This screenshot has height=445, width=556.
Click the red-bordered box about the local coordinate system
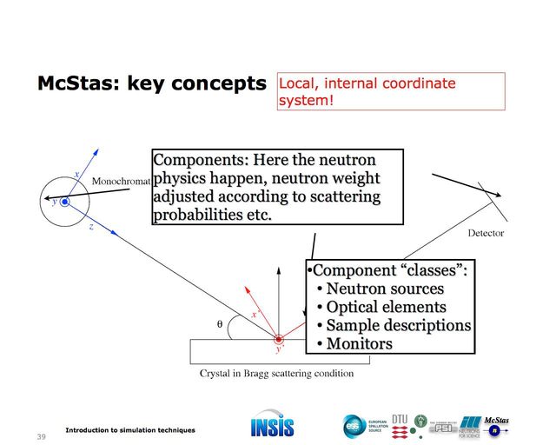click(x=391, y=91)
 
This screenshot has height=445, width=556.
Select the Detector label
click(x=486, y=233)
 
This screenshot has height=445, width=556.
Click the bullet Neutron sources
click(x=385, y=289)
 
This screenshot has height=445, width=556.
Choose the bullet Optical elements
click(x=386, y=307)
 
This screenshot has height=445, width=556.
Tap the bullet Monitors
click(x=359, y=343)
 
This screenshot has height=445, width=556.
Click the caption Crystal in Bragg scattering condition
click(x=276, y=374)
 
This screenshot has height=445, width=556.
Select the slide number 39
click(x=39, y=435)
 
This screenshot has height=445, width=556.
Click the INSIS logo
click(x=272, y=426)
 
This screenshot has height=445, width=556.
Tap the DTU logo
click(x=400, y=423)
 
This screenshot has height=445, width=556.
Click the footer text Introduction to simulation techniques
click(x=130, y=430)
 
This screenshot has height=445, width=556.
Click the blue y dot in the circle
click(x=63, y=202)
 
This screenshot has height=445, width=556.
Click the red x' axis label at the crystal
click(x=255, y=314)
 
